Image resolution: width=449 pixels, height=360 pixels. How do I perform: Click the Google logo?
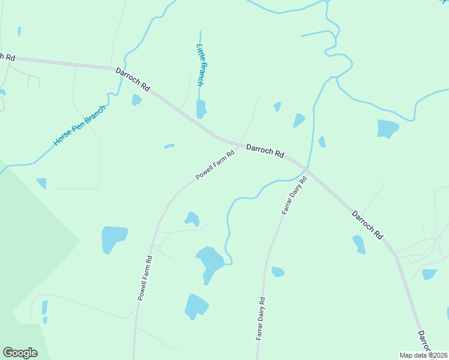click(20, 353)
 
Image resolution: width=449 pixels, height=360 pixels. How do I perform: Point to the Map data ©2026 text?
click(423, 355)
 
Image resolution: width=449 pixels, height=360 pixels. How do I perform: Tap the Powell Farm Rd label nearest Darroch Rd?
click(214, 166)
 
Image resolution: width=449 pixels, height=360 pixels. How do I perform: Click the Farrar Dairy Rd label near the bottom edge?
click(261, 319)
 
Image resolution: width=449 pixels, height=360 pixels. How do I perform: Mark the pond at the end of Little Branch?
click(201, 109)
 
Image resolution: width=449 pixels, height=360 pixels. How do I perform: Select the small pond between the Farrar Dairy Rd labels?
click(277, 272)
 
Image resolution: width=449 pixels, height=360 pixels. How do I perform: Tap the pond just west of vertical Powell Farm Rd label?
click(114, 239)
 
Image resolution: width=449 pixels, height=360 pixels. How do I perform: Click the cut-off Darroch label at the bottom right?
click(425, 342)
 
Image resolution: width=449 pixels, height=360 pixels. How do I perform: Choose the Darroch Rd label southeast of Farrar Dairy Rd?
click(367, 224)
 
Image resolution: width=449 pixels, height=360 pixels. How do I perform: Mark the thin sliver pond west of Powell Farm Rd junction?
click(169, 146)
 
